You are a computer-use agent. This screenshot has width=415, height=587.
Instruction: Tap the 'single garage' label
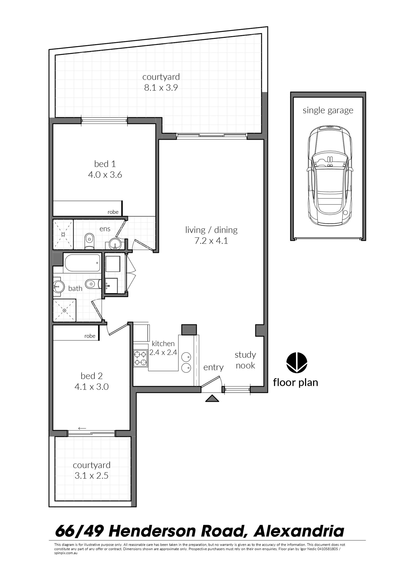tap(328, 110)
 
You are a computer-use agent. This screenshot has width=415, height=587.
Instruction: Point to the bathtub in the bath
tap(82, 263)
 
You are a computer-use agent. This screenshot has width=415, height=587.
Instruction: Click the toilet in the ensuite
tap(89, 240)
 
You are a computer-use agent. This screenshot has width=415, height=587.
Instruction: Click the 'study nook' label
tap(245, 360)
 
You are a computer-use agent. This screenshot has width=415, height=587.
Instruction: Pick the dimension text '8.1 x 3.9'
tap(161, 88)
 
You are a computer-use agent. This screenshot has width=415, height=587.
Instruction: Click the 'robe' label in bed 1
tap(113, 212)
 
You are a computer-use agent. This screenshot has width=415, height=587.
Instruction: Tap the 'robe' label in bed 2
tap(90, 336)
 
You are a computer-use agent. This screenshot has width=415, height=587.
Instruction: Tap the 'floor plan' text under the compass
tap(295, 382)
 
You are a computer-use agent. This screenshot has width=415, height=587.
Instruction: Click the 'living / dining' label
tap(211, 230)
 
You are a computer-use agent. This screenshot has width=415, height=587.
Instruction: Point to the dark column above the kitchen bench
tap(189, 330)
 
